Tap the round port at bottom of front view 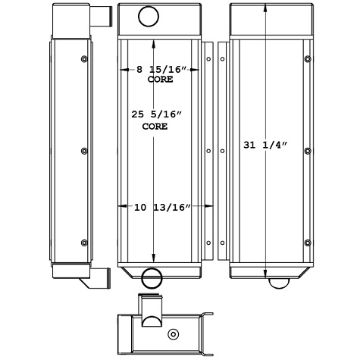[x=151, y=276]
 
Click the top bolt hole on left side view [x=83, y=59]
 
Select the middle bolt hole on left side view [x=83, y=150]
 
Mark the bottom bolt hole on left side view [x=83, y=243]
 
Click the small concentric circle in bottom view [x=174, y=334]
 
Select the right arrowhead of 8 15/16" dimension [x=199, y=69]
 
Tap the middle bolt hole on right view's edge [x=307, y=150]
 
